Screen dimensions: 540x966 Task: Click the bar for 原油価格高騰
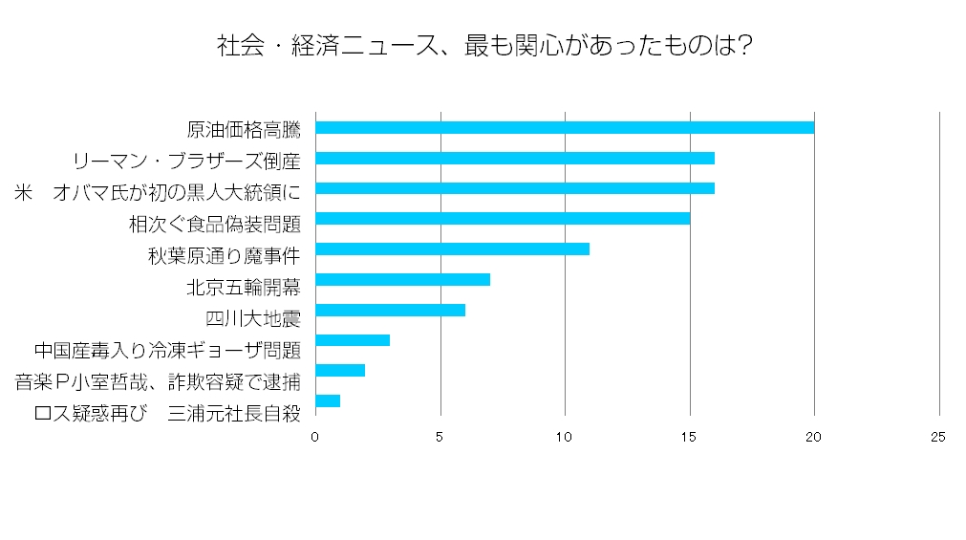[x=565, y=128]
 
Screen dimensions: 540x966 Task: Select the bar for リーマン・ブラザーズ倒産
[x=515, y=159]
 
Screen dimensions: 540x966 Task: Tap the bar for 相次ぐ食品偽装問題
[x=503, y=219]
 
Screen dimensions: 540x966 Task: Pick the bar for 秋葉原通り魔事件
[x=452, y=249]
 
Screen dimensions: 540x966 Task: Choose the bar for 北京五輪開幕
[x=402, y=280]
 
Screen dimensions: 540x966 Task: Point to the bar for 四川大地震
[x=390, y=310]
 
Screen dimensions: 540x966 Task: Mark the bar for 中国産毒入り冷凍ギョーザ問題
[x=353, y=340]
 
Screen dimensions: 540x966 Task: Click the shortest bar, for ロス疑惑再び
[x=328, y=400]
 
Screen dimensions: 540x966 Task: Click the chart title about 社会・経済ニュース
[x=482, y=45]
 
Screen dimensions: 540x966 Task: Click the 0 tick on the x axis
[x=315, y=437]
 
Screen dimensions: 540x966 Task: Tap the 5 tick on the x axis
[x=440, y=437]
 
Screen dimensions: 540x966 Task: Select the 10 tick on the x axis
[x=565, y=437]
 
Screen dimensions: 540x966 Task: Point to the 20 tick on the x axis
[x=814, y=437]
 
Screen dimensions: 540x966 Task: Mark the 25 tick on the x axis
[x=938, y=437]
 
